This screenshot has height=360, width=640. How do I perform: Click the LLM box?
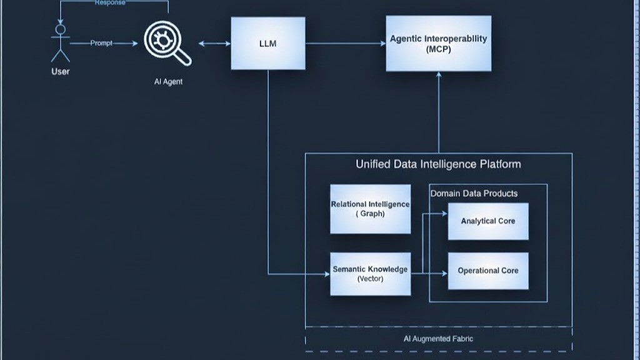point(268,43)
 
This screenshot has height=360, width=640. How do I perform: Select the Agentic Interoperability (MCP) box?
point(438,43)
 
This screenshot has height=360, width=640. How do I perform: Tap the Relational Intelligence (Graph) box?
point(370,209)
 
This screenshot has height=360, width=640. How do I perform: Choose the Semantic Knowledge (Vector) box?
point(370,274)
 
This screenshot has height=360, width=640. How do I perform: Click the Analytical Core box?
point(487,221)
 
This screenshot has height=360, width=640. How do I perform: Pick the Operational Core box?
point(487,271)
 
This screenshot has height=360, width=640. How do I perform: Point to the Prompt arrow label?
point(101,43)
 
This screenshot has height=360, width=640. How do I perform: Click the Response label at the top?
point(110,3)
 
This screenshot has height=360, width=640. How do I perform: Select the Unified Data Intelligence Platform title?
point(438,164)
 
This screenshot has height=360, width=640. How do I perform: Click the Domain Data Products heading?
point(474,194)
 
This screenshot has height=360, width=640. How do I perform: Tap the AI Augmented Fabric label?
point(438,339)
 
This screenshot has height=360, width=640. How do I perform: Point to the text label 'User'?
point(60,72)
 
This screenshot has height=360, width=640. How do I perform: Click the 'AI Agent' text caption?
point(168,82)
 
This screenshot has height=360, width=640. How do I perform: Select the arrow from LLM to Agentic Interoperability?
point(345,43)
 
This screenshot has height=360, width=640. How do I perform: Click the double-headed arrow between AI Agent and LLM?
point(214,44)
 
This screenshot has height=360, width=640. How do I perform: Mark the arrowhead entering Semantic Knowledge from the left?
point(327,274)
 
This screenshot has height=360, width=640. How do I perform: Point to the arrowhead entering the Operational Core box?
point(444,274)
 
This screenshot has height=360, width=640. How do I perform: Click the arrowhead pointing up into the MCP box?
point(439,75)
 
